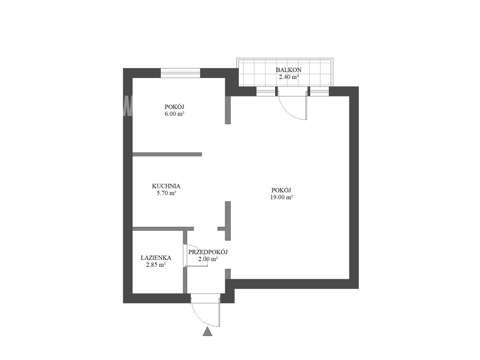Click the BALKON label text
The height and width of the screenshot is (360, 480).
tap(288, 70)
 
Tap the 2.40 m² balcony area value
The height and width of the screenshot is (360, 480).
tap(289, 77)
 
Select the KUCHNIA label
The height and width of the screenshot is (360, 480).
tap(166, 186)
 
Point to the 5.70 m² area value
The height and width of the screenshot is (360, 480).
tap(166, 193)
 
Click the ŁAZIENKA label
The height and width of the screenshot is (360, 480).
tap(156, 258)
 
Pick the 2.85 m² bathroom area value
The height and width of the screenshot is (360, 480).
tap(156, 265)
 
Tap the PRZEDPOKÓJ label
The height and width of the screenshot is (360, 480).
tap(208, 252)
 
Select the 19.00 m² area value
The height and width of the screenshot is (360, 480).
tap(282, 197)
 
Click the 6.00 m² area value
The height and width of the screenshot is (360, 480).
tap(174, 114)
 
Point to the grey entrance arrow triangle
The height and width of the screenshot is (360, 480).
tap(207, 331)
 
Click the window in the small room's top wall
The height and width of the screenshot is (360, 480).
tap(180, 73)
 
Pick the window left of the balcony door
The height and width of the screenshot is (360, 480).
tap(266, 91)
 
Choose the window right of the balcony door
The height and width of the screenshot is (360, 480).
tap(320, 91)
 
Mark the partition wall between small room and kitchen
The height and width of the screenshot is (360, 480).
tap(167, 154)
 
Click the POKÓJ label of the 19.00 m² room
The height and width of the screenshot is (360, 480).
tap(281, 190)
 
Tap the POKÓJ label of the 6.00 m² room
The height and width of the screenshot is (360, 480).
tap(174, 107)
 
